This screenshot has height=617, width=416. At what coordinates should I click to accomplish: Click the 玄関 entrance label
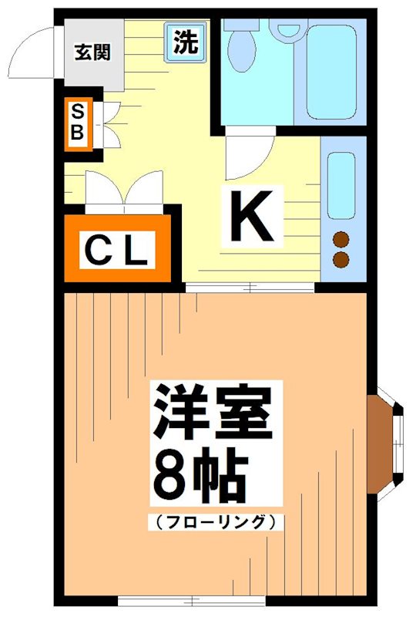[92, 52]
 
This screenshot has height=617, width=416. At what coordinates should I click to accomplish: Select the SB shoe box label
[77, 123]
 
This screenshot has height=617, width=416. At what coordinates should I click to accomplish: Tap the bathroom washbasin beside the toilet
[289, 30]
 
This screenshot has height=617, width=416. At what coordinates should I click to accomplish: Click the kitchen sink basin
[341, 185]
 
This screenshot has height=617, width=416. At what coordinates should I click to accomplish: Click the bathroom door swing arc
[250, 154]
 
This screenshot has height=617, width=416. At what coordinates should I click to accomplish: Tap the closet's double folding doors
[122, 193]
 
